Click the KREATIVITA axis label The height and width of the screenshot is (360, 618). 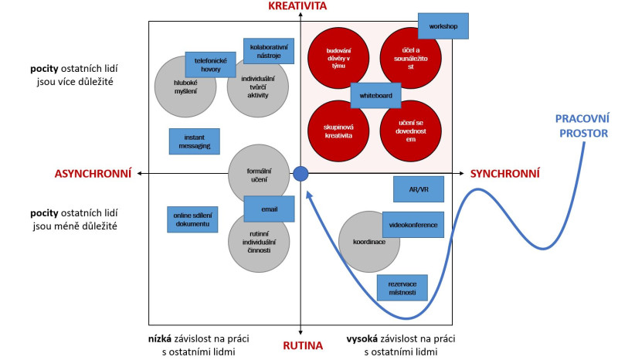(x=298, y=7)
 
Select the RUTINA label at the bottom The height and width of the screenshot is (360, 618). (x=301, y=345)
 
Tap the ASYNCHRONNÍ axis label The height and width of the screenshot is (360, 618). (x=93, y=173)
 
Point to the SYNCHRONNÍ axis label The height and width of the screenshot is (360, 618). (x=504, y=174)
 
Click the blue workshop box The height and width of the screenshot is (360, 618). (x=443, y=25)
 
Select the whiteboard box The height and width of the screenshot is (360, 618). (x=376, y=95)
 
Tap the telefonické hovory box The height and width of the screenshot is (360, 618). (x=210, y=65)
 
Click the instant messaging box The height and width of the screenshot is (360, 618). (x=194, y=141)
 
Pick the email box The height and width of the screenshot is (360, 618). (x=270, y=209)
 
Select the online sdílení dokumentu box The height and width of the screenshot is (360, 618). (x=192, y=219)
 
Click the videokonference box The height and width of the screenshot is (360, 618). (x=413, y=225)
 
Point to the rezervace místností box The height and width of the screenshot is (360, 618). (x=402, y=287)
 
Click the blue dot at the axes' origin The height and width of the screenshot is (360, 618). (x=301, y=175)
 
